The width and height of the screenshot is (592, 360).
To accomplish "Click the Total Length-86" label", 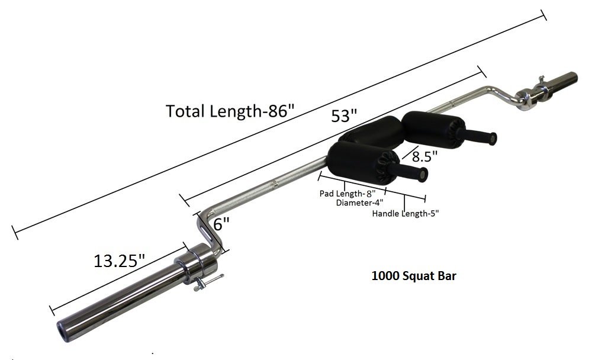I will (230, 110).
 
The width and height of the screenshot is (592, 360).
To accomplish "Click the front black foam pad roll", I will (355, 159).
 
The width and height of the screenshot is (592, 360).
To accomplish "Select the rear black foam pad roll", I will (427, 127).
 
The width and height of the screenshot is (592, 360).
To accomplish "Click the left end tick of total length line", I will (15, 232).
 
